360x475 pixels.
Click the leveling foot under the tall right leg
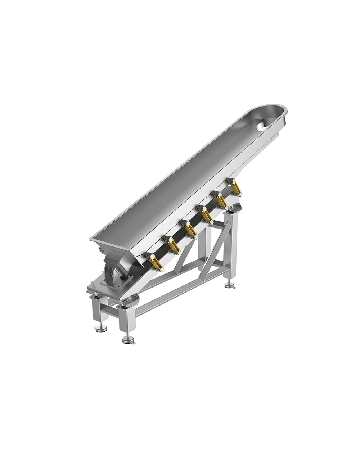tap(229, 286)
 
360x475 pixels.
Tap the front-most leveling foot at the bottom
tap(127, 339)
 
